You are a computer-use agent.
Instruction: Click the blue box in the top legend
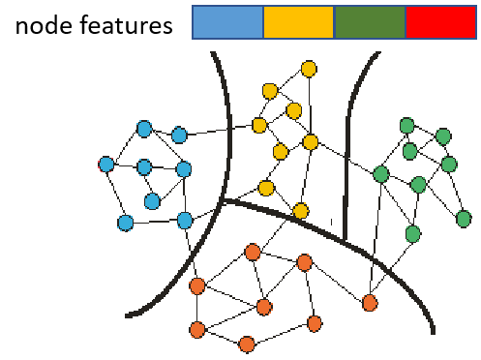click(227, 22)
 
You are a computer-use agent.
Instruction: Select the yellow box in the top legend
click(298, 22)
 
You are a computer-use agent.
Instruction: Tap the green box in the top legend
click(369, 22)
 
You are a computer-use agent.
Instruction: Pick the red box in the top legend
click(440, 22)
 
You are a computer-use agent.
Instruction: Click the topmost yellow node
click(309, 69)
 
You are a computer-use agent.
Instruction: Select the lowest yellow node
click(301, 211)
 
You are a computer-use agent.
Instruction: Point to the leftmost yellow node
click(259, 126)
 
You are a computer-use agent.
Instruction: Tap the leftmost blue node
click(106, 165)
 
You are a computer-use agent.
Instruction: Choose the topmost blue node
click(144, 129)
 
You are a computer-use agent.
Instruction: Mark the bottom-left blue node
click(125, 223)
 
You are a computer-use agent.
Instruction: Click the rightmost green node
click(464, 219)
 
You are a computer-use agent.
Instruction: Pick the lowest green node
click(413, 233)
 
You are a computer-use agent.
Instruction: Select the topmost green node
click(407, 126)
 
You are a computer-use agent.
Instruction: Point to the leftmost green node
click(381, 174)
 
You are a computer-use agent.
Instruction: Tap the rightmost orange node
click(370, 303)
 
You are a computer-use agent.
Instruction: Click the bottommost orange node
click(247, 345)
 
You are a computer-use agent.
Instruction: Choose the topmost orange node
click(253, 252)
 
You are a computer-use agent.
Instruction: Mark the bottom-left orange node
click(197, 330)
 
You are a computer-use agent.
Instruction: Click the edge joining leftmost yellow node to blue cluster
click(220, 131)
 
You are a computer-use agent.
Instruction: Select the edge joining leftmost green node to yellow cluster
click(346, 159)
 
